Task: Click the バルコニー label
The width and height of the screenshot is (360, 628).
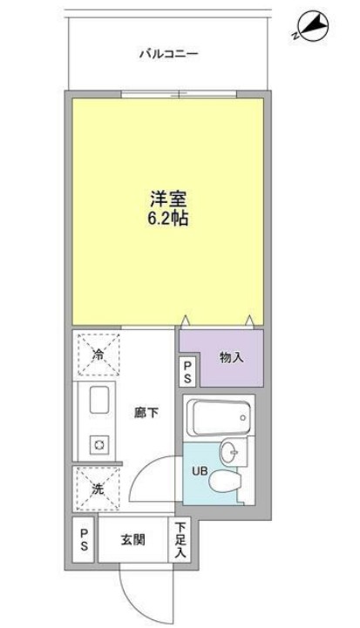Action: point(169,54)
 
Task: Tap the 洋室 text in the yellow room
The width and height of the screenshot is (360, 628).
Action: point(168,199)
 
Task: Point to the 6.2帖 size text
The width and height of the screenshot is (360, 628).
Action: point(168,219)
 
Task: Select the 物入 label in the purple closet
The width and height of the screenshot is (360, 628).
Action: point(232,356)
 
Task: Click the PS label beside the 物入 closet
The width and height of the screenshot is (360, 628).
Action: point(188,372)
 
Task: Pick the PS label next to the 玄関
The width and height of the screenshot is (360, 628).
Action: point(84,538)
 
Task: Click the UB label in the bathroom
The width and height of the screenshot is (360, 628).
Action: point(199,471)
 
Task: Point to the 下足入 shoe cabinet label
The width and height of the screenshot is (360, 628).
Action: point(180,539)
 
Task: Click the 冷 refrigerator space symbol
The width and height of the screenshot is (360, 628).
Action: point(98,355)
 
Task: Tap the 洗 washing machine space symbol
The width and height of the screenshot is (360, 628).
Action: point(98,490)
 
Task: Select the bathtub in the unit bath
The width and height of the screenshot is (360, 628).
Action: point(218,415)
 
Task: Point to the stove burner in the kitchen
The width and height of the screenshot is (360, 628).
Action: point(99,445)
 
